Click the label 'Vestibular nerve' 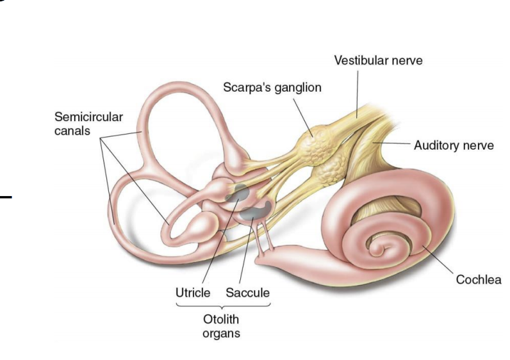[x=378, y=60]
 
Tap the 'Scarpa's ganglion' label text [x=272, y=87]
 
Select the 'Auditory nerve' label [x=454, y=145]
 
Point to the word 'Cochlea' [x=479, y=279]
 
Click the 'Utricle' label [x=192, y=293]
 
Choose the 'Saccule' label [x=248, y=293]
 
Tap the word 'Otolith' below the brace [x=221, y=319]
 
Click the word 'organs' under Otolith [x=221, y=333]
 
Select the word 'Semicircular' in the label [x=88, y=117]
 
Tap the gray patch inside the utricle [x=240, y=190]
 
